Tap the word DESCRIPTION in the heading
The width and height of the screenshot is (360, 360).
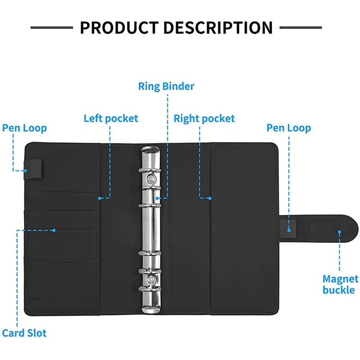218,27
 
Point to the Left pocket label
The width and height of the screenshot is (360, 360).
111,118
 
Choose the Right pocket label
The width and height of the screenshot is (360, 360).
204,118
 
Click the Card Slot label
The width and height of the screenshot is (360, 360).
24,333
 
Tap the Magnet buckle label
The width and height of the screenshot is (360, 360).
340,284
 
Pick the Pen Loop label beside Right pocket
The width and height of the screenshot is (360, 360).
288,128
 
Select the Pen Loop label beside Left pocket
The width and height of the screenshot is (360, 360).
24,128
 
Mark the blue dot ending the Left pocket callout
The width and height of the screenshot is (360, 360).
99,197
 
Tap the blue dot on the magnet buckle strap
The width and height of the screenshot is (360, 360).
339,232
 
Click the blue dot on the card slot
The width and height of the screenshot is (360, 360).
54,230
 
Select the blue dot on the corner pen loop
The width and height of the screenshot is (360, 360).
26,171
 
